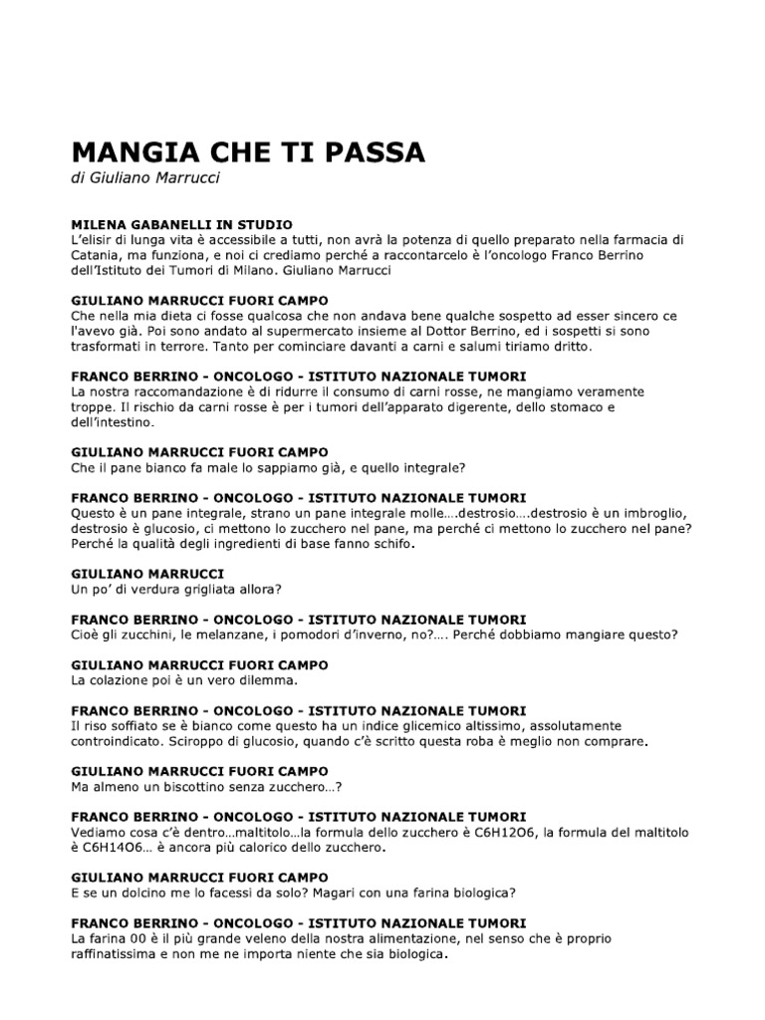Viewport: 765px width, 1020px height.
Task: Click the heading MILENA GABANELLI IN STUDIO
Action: tap(181, 225)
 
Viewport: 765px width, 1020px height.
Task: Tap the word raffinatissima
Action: tap(125, 953)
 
